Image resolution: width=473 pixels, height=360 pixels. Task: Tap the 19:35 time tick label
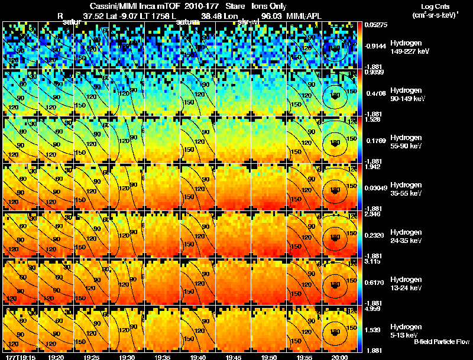(x=161, y=357)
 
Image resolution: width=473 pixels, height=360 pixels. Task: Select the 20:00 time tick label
(x=339, y=357)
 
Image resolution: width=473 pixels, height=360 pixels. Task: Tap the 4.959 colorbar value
(x=374, y=308)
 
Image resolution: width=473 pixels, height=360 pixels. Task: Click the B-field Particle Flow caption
(x=441, y=342)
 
